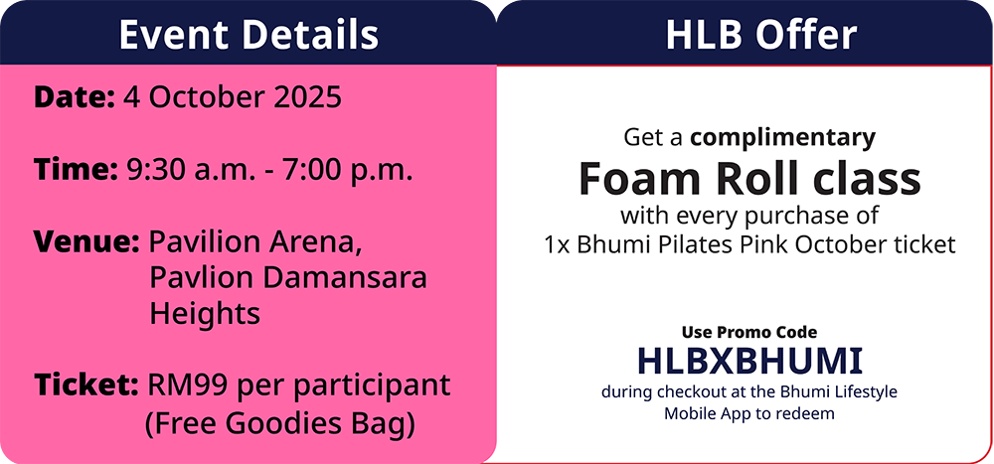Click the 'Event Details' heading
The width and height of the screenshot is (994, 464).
click(x=248, y=35)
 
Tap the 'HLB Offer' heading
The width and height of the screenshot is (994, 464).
click(x=761, y=35)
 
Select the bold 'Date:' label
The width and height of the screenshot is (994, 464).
click(x=75, y=97)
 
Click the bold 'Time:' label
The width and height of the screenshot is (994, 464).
click(x=76, y=170)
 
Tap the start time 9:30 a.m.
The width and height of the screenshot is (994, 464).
click(x=193, y=171)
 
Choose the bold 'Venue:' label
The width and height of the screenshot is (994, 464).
click(x=86, y=242)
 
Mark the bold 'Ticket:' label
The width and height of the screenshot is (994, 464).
click(x=86, y=386)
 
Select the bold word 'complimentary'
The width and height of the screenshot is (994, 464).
click(x=783, y=138)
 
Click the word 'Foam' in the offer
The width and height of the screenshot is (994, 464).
click(x=641, y=179)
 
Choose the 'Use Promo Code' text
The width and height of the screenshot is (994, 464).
click(x=749, y=332)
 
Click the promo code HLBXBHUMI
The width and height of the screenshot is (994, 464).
click(x=749, y=362)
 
